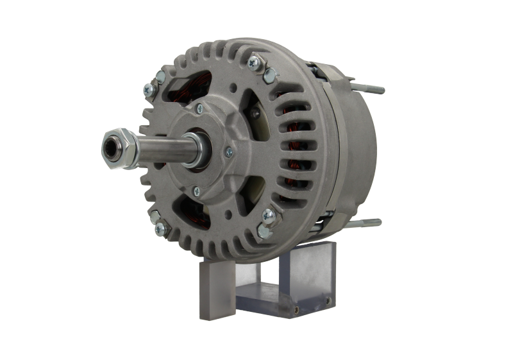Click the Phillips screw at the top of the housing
(x=255, y=62)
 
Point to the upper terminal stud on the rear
(x=372, y=89)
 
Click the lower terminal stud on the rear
(x=371, y=223)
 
